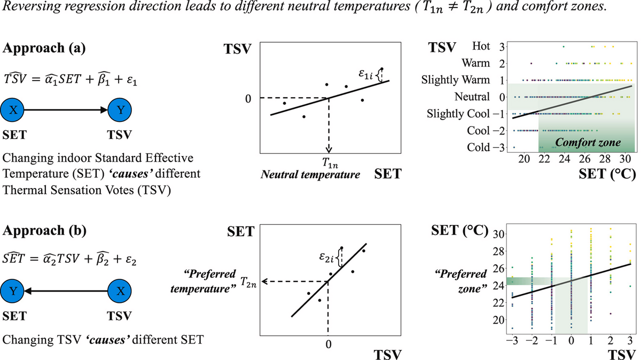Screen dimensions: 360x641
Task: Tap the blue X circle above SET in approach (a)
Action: pyautogui.click(x=14, y=112)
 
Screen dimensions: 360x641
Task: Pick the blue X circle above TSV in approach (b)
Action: pyautogui.click(x=121, y=292)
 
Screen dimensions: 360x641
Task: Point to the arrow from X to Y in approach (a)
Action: pyautogui.click(x=67, y=112)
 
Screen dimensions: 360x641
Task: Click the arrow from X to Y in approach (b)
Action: pyautogui.click(x=67, y=292)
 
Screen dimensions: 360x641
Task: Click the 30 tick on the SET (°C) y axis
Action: pyautogui.click(x=499, y=234)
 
